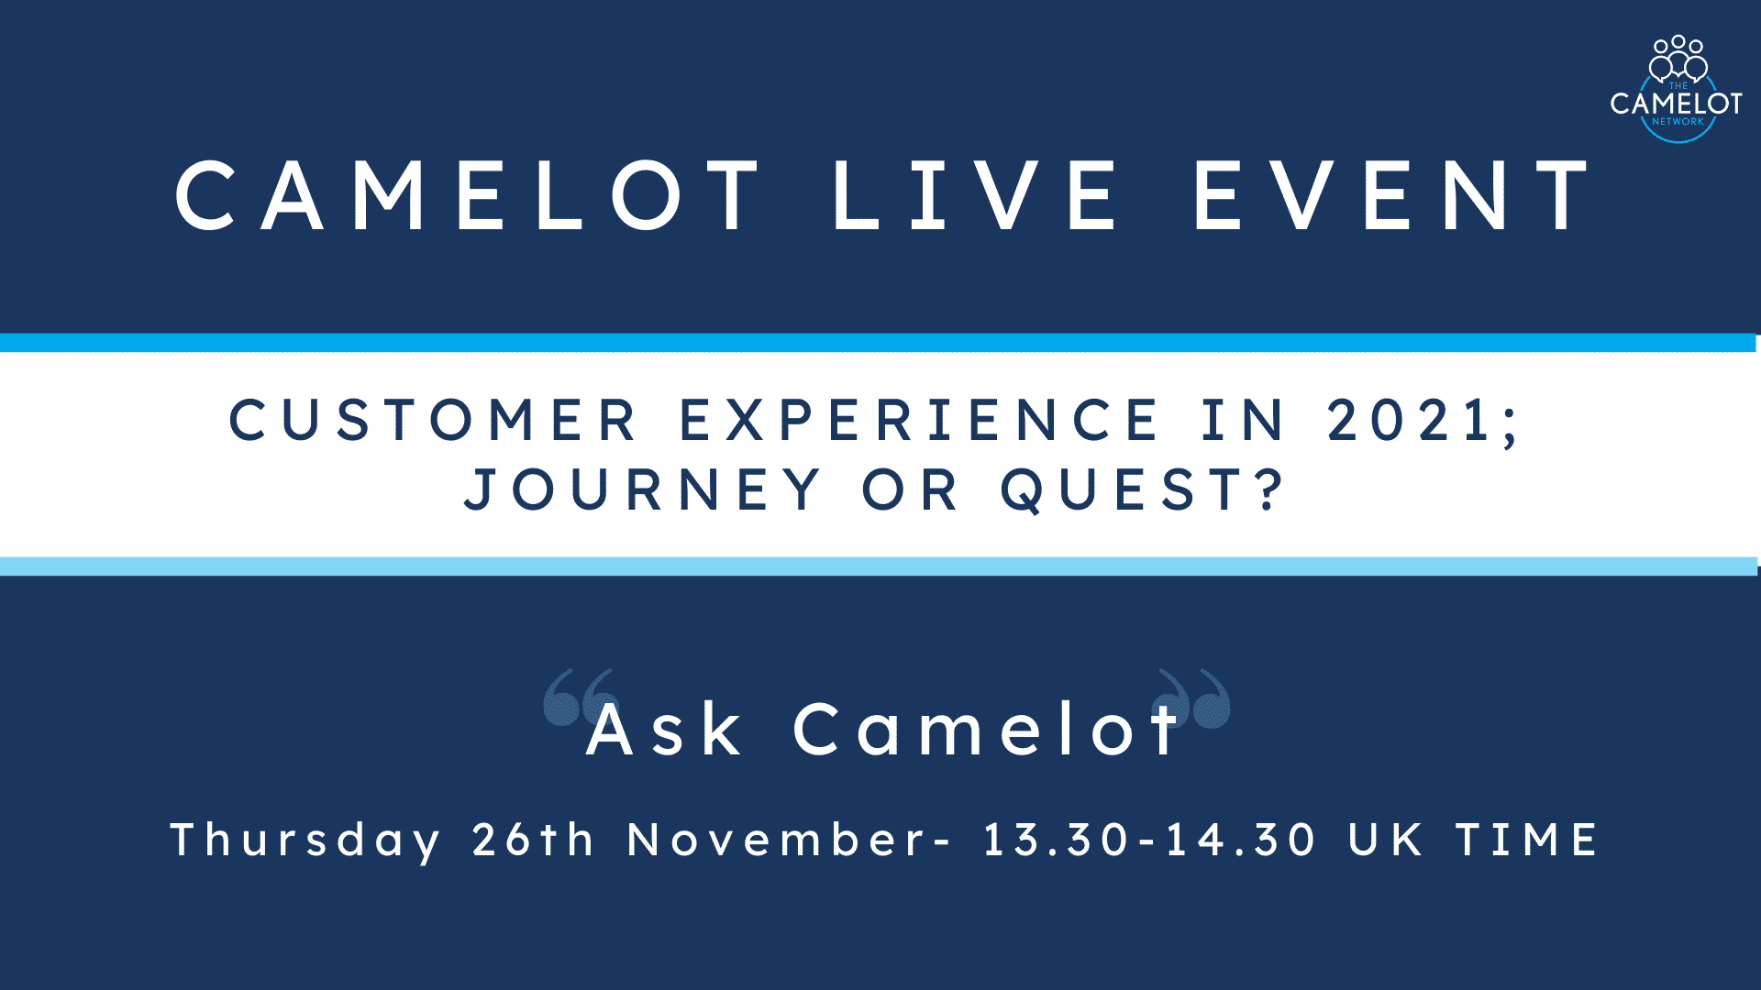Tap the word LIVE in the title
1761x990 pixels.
(x=974, y=195)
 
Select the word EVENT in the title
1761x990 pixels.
(x=1392, y=195)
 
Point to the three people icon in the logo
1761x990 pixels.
(x=1678, y=58)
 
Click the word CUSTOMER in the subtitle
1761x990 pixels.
(x=433, y=421)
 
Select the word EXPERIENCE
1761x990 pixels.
(x=920, y=421)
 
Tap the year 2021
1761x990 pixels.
(x=1413, y=421)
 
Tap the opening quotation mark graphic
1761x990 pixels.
(x=579, y=698)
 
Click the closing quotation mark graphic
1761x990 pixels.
(x=1195, y=698)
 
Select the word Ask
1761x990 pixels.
(x=664, y=731)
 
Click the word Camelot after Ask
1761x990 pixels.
(x=987, y=731)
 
